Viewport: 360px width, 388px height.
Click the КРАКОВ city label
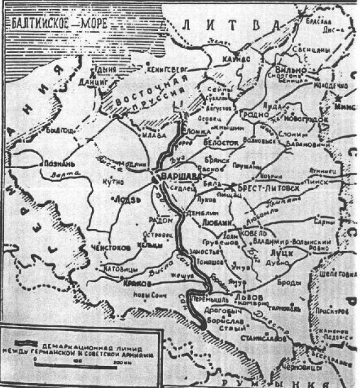[x=137, y=283]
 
